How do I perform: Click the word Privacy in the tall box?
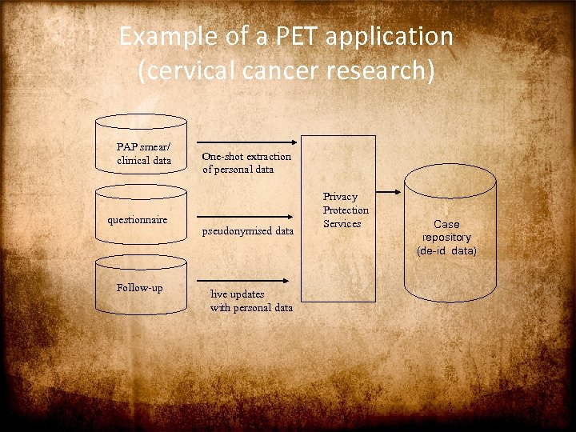[x=340, y=197]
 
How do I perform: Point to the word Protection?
[x=346, y=210]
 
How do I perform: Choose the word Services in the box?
[x=342, y=224]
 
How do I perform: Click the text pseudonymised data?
[x=247, y=230]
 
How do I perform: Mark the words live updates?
[x=237, y=294]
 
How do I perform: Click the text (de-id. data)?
[x=446, y=251]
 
